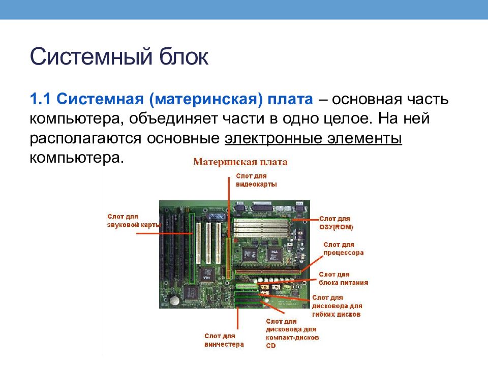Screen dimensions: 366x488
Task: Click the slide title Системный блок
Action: (x=119, y=56)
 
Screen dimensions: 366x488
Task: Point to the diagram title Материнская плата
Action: (x=240, y=162)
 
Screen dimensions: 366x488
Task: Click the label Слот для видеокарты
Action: (x=256, y=180)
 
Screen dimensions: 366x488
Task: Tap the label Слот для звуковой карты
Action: (x=134, y=220)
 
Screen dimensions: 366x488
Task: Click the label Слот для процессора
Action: (x=343, y=248)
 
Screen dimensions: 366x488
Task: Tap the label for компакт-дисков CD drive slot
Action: (x=292, y=333)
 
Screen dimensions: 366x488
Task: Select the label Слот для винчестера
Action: (x=224, y=340)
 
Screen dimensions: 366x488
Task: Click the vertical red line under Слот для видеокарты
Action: (x=229, y=203)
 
